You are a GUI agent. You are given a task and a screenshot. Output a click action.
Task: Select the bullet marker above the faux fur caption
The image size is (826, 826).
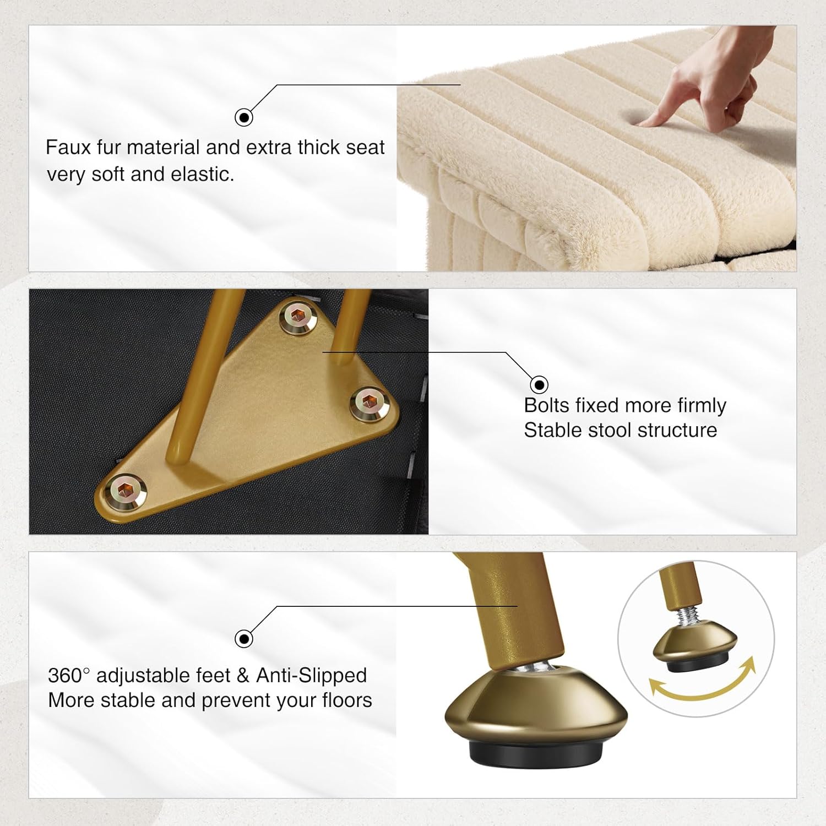(x=244, y=117)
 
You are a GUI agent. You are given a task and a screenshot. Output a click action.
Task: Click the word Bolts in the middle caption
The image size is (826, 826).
(x=547, y=405)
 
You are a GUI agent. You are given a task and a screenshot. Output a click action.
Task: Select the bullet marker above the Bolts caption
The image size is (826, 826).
(x=539, y=384)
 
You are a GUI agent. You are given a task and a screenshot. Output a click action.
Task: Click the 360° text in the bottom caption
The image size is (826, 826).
(x=69, y=675)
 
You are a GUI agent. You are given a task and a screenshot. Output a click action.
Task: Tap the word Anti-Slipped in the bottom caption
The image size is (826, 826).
(x=312, y=676)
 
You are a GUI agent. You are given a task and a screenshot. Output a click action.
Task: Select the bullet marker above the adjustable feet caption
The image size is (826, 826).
(x=244, y=639)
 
